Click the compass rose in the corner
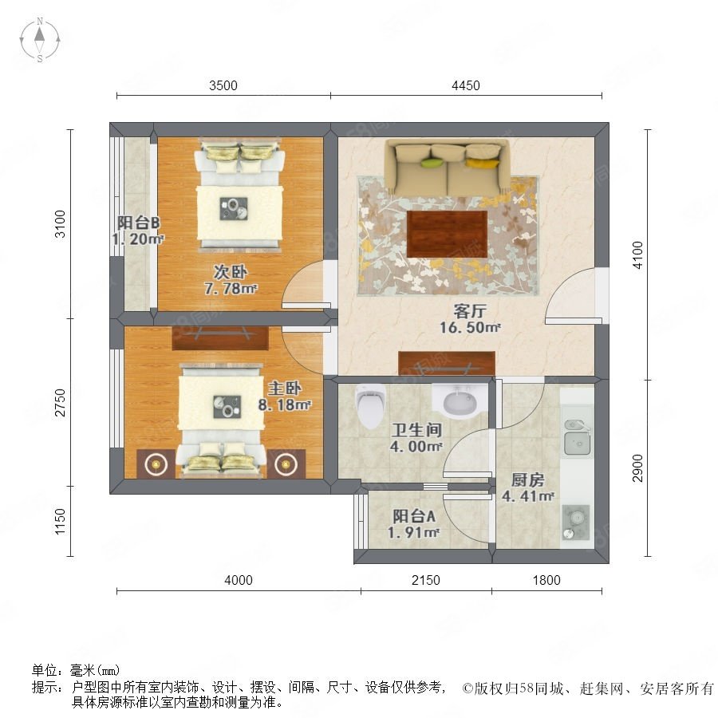tap(40, 40)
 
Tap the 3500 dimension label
tap(223, 85)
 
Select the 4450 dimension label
tap(466, 85)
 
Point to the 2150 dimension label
tap(426, 580)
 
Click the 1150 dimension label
tap(60, 522)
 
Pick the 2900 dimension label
tap(637, 468)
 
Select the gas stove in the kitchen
tap(575, 522)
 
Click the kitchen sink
tap(577, 438)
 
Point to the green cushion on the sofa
tap(432, 162)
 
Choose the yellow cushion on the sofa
tap(482, 163)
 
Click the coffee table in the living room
tap(447, 235)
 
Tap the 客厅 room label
tap(470, 311)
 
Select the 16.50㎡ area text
tap(470, 328)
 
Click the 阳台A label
tap(414, 516)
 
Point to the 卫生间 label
tap(416, 430)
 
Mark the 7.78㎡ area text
tap(231, 289)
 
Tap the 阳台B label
tap(138, 223)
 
